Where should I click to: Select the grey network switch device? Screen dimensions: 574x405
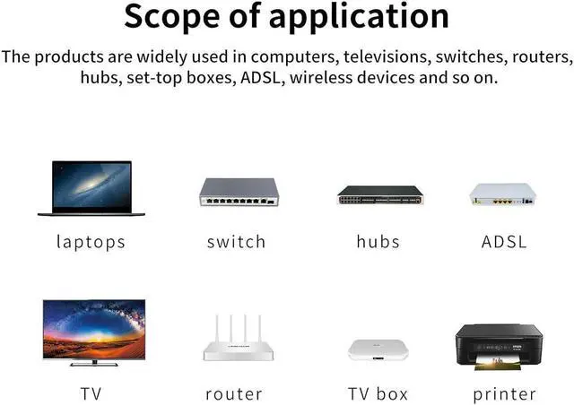click(x=239, y=193)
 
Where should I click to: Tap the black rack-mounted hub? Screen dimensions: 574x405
click(x=379, y=194)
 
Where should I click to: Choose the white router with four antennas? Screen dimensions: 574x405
click(x=238, y=340)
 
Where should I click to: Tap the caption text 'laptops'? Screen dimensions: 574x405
click(x=91, y=242)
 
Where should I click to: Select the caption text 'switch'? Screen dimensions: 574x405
click(x=237, y=241)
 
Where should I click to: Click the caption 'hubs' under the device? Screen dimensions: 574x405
click(x=378, y=241)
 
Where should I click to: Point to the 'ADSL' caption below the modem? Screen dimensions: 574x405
click(x=504, y=241)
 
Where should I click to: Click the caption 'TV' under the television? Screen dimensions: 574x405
click(x=91, y=393)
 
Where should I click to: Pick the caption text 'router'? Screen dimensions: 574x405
click(x=234, y=393)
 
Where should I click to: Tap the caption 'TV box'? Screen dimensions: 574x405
click(x=378, y=393)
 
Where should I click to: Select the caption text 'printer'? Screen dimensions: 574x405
click(x=504, y=394)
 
